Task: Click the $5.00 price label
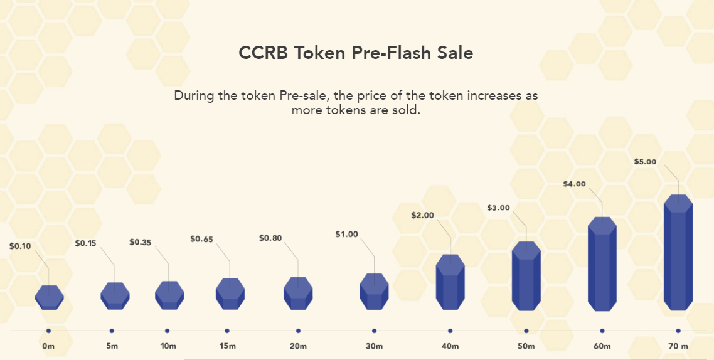pos(645,162)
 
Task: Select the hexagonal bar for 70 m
pos(678,253)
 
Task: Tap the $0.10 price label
pos(20,246)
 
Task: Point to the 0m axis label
pos(48,347)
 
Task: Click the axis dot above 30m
pos(375,331)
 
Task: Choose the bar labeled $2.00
pos(450,282)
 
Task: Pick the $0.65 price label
pos(201,238)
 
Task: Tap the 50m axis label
pos(526,347)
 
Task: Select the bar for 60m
pos(602,264)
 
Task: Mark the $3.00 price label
pos(499,208)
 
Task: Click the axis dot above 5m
pos(112,331)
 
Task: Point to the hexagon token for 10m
pos(169,295)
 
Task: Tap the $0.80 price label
pos(270,238)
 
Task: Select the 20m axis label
pos(298,347)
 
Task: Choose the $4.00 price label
pos(575,184)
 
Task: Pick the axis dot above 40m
pos(450,331)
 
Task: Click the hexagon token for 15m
pos(230,294)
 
